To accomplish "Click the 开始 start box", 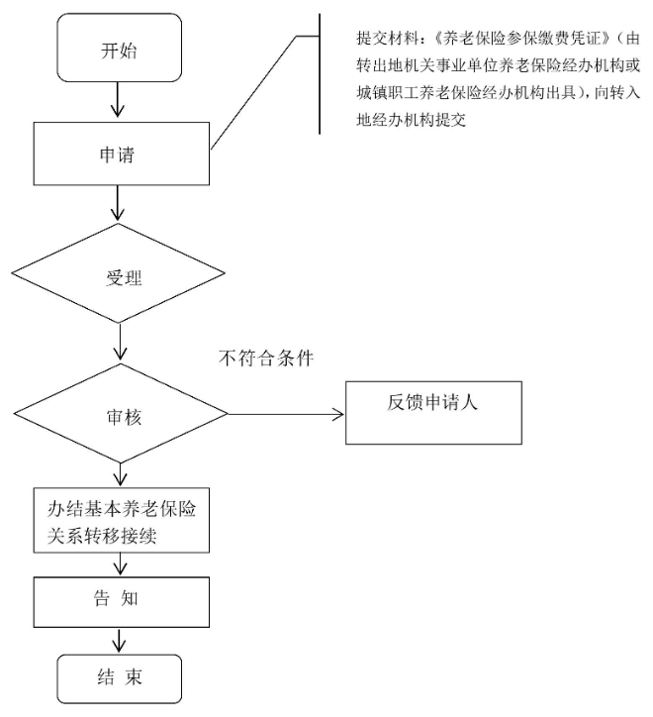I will [119, 47].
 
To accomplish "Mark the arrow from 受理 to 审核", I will [121, 343].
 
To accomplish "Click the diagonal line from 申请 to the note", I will [255, 94].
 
